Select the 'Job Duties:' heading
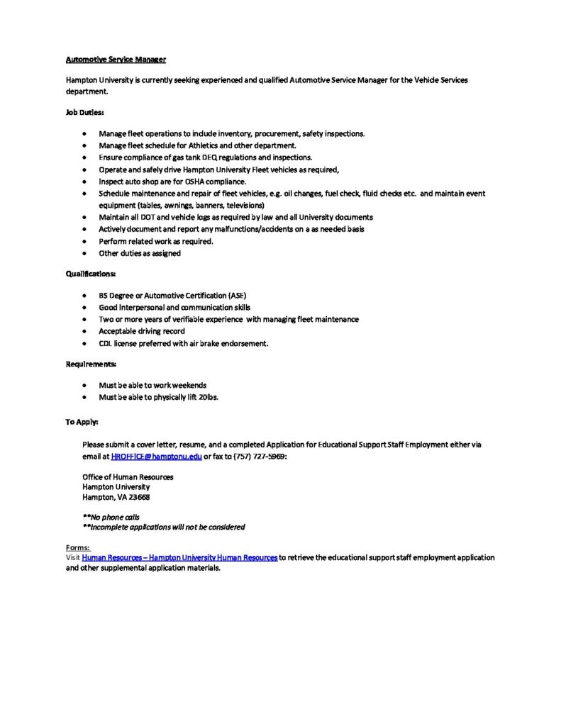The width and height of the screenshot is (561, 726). tap(85, 112)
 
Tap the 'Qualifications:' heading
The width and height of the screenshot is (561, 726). tap(91, 273)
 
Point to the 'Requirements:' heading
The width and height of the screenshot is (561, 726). tap(91, 364)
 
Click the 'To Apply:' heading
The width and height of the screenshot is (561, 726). tap(82, 422)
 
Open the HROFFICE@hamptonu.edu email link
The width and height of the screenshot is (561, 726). tap(157, 457)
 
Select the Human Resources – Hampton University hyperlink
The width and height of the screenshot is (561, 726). tap(179, 558)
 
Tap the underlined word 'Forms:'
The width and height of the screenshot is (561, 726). tap(78, 548)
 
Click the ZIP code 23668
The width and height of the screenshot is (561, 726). tap(140, 498)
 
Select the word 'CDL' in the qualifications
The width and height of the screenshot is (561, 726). tap(106, 343)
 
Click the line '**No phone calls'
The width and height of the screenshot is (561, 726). tap(111, 517)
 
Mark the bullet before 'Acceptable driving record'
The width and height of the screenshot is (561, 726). tap(85, 331)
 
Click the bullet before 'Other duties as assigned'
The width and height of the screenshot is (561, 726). tap(85, 253)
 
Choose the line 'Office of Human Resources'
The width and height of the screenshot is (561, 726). tap(128, 477)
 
